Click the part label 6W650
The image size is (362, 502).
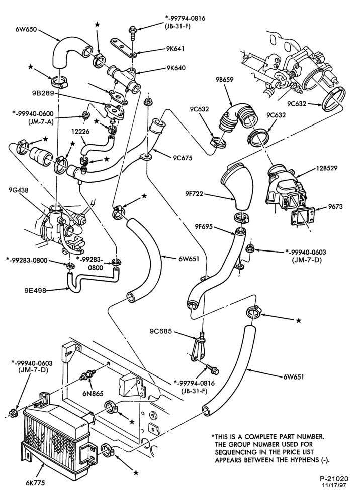pyautogui.click(x=26, y=30)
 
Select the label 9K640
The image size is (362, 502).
pyautogui.click(x=175, y=68)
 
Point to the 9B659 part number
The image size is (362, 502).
pyautogui.click(x=224, y=80)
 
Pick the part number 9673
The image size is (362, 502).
pyautogui.click(x=335, y=206)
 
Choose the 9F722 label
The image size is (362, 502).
pyautogui.click(x=194, y=194)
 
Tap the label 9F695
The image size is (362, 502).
pyautogui.click(x=204, y=227)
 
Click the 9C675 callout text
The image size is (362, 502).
pyautogui.click(x=183, y=158)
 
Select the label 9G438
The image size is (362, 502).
pyautogui.click(x=18, y=190)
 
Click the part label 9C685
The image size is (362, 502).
pyautogui.click(x=159, y=331)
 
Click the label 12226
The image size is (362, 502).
pyautogui.click(x=80, y=131)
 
